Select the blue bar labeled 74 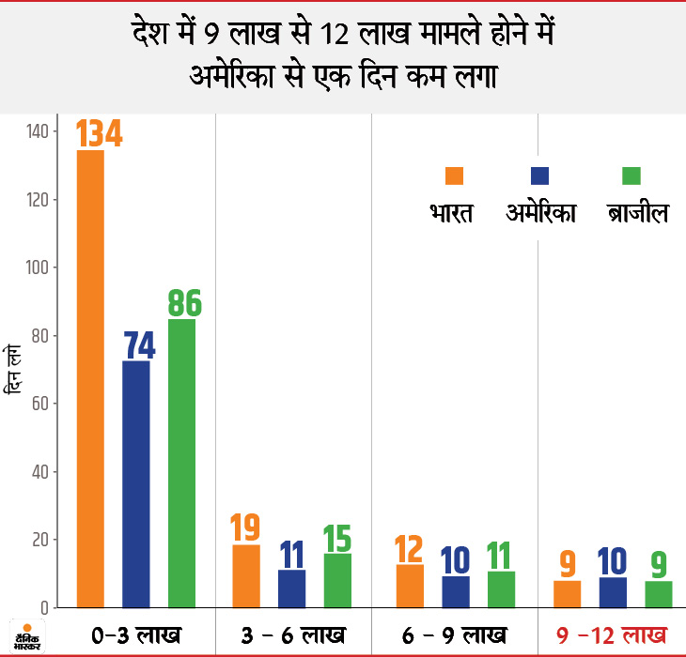pos(136,483)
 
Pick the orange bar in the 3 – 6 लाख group pos(246,575)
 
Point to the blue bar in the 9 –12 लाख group pos(612,591)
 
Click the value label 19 pos(246,528)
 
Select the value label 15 pos(337,537)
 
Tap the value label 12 pos(410,548)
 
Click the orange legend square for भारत pos(455,176)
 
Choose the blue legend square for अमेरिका pos(540,176)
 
